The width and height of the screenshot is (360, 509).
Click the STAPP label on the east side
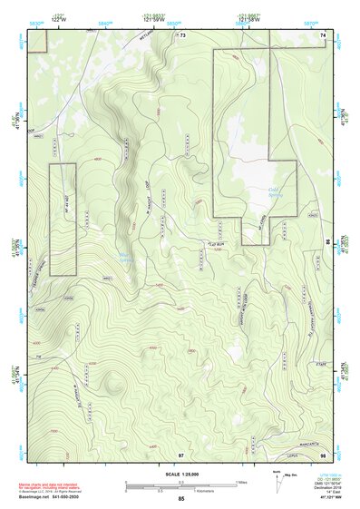point(319,363)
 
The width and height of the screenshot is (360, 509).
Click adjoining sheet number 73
point(181,34)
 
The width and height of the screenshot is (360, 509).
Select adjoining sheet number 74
point(324,34)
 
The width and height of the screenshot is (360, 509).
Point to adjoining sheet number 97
point(181,453)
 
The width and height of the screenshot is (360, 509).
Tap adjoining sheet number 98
point(324,453)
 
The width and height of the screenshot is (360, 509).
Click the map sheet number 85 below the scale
point(181,499)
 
